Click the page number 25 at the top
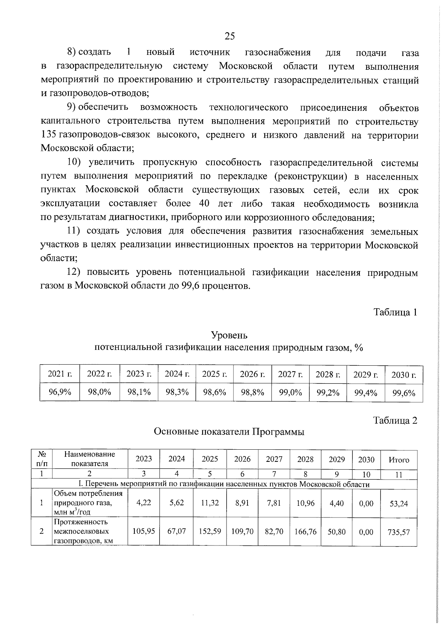[229, 36]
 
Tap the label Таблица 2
[395, 420]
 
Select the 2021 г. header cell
[60, 374]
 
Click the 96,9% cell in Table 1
[60, 392]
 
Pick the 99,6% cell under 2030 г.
[404, 393]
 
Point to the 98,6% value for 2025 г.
[214, 392]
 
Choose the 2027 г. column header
[290, 374]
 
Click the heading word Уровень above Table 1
[229, 335]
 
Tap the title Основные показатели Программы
[229, 432]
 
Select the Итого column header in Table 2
[399, 460]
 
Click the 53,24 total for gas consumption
[399, 503]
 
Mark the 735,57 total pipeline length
[399, 532]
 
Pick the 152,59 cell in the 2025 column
[210, 531]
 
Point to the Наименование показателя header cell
[90, 459]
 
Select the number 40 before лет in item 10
[205, 203]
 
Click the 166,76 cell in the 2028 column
[305, 531]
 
